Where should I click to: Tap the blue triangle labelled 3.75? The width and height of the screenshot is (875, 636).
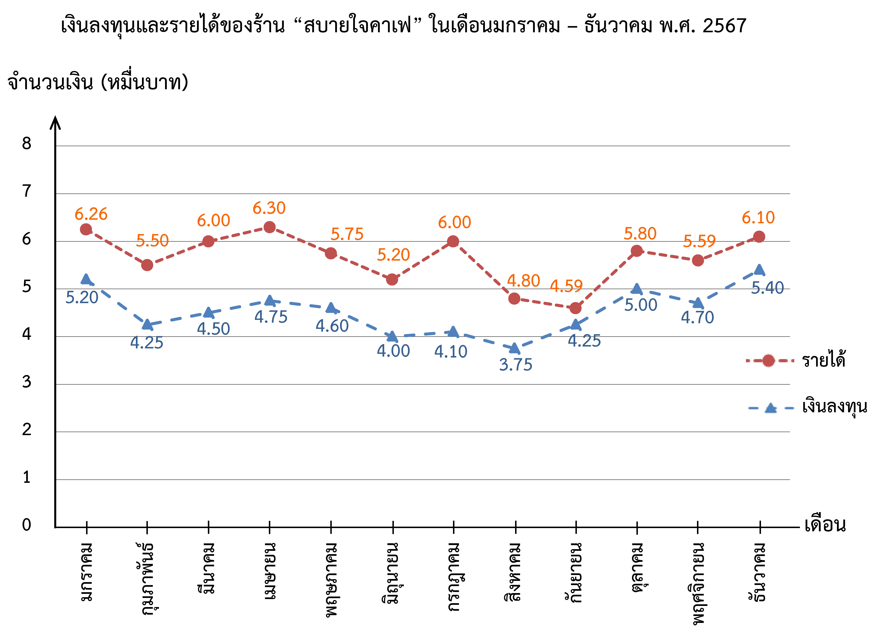pos(514,348)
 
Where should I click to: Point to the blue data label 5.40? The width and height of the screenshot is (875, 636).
pos(767,288)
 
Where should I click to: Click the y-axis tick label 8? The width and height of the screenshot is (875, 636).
pos(26,144)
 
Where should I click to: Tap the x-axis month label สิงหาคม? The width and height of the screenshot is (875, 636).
pos(513,572)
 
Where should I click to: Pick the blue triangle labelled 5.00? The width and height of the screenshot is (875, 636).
pos(637,289)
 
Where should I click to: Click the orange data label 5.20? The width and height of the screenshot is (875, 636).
pos(393,255)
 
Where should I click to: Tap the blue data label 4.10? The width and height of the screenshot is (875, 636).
pos(451,352)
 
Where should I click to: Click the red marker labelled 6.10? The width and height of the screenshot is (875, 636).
pos(759,237)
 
